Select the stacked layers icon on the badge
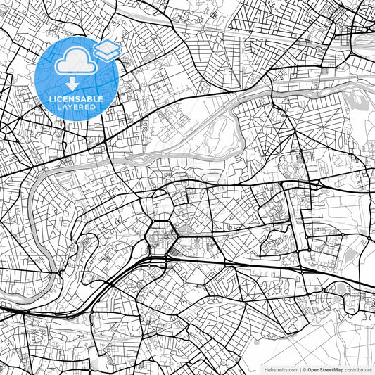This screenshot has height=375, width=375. click(x=107, y=49)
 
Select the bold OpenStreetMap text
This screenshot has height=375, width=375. click(x=326, y=368)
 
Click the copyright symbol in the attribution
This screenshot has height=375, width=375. click(x=304, y=368)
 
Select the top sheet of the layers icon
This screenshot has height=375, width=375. click(x=107, y=45)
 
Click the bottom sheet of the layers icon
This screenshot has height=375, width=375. click(x=107, y=54)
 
